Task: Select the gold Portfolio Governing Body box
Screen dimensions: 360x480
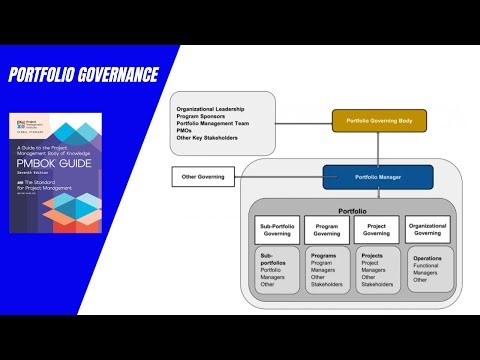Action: pos(379,121)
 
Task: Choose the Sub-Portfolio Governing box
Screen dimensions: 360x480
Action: pos(277,230)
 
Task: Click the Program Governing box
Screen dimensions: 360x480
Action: pos(326,230)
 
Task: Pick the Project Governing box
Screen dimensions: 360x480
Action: pos(376,230)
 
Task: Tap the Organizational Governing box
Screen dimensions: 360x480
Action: pos(427,230)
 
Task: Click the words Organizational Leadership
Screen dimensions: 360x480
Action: pos(212,107)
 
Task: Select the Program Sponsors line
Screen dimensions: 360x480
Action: pos(200,115)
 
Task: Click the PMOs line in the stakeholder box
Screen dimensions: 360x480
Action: pos(185,130)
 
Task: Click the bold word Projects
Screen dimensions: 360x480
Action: pos(372,255)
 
